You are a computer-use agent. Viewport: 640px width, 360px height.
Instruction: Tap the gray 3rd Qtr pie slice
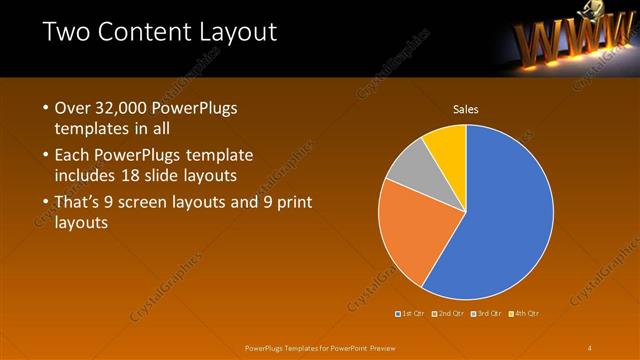[408, 168]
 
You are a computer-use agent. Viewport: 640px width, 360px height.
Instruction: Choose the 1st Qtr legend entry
[412, 314]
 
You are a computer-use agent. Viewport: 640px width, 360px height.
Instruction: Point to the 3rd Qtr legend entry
[487, 314]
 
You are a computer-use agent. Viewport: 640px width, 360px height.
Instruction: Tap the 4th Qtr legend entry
[524, 314]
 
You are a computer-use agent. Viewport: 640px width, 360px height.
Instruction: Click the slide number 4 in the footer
[590, 347]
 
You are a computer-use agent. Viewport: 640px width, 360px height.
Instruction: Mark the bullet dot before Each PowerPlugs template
[46, 155]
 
